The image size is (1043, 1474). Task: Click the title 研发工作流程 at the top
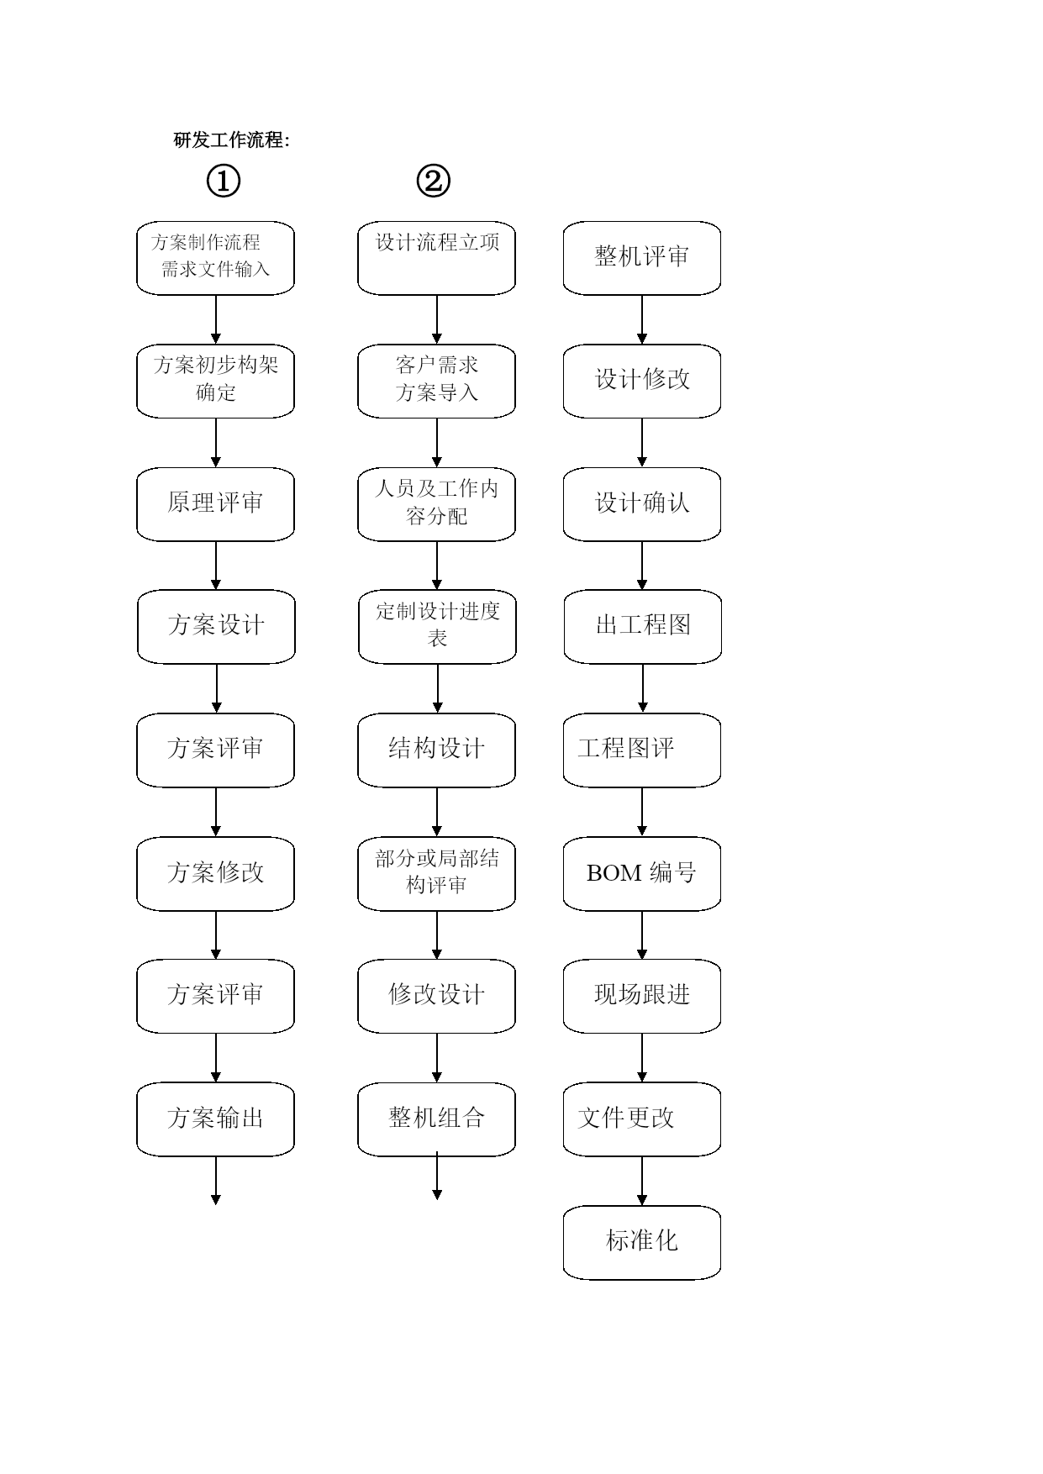tap(228, 140)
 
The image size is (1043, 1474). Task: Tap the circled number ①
tap(224, 181)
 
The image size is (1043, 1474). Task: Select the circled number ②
tap(434, 181)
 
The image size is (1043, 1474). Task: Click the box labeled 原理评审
tap(216, 504)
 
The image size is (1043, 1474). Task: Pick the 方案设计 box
tap(217, 626)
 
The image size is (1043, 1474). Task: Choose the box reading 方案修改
tap(216, 873)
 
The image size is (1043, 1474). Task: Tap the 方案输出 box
tap(216, 1119)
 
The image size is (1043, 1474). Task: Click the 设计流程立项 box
tap(437, 258)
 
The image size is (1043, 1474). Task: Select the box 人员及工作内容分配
tap(437, 504)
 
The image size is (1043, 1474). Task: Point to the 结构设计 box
tap(437, 750)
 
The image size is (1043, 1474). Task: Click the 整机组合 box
tap(437, 1119)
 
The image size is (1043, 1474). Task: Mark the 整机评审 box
tap(642, 258)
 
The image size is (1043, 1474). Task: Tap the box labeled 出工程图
tap(643, 626)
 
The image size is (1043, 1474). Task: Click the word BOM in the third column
tap(614, 874)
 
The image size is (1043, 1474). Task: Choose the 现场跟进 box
tap(642, 996)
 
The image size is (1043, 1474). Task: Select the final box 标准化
tap(642, 1243)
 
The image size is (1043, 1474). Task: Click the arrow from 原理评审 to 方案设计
tap(216, 566)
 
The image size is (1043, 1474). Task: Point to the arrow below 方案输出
tap(216, 1181)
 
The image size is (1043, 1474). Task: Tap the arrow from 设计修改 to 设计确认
tap(642, 443)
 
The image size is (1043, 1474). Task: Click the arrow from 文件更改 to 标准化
tap(642, 1181)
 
